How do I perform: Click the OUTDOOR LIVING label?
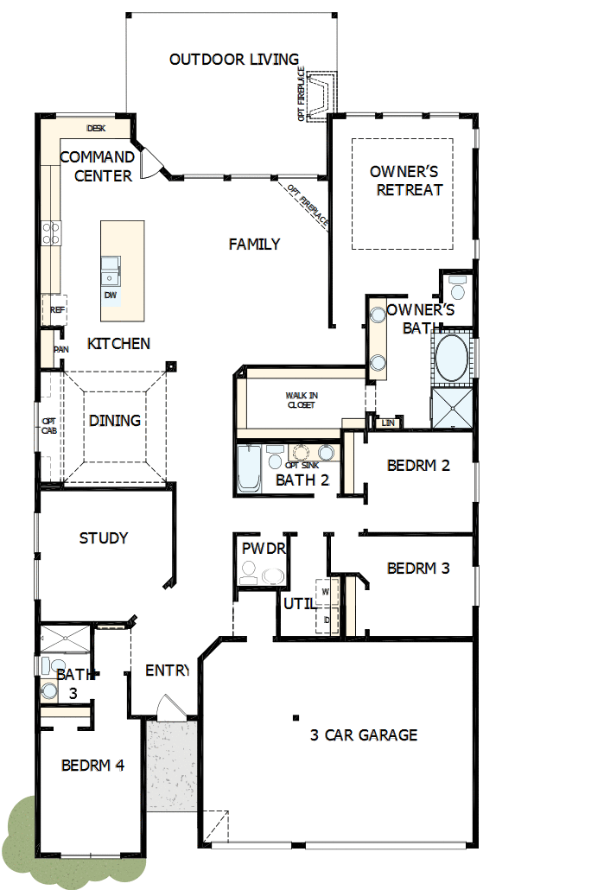pyautogui.click(x=233, y=60)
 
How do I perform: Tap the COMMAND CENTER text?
pyautogui.click(x=97, y=167)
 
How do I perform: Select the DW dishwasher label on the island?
pyautogui.click(x=110, y=296)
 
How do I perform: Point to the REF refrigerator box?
pyautogui.click(x=57, y=309)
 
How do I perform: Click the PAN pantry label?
pyautogui.click(x=60, y=350)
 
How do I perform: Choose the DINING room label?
pyautogui.click(x=115, y=421)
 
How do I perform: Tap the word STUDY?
pyautogui.click(x=104, y=538)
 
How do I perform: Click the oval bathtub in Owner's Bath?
pyautogui.click(x=451, y=359)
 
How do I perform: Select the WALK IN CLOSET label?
pyautogui.click(x=301, y=400)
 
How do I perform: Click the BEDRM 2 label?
pyautogui.click(x=418, y=466)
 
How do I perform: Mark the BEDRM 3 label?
pyautogui.click(x=418, y=569)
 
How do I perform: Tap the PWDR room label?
pyautogui.click(x=264, y=549)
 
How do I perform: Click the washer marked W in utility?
pyautogui.click(x=326, y=592)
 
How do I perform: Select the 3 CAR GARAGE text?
pyautogui.click(x=364, y=735)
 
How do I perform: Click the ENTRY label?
pyautogui.click(x=167, y=671)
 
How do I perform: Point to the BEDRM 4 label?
pyautogui.click(x=93, y=766)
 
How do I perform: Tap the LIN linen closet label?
pyautogui.click(x=387, y=423)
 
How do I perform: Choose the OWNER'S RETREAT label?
pyautogui.click(x=405, y=181)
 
